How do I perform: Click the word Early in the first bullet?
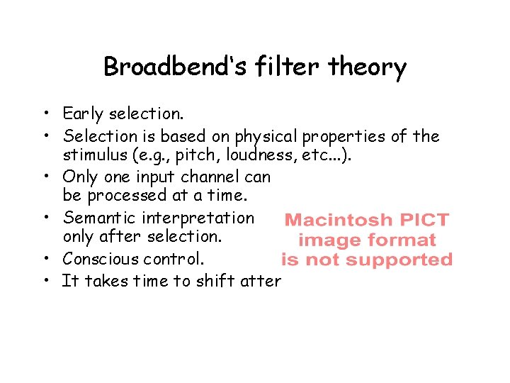click(x=83, y=114)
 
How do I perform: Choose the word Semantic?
click(x=96, y=218)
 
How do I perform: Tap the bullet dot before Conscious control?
click(x=44, y=259)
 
